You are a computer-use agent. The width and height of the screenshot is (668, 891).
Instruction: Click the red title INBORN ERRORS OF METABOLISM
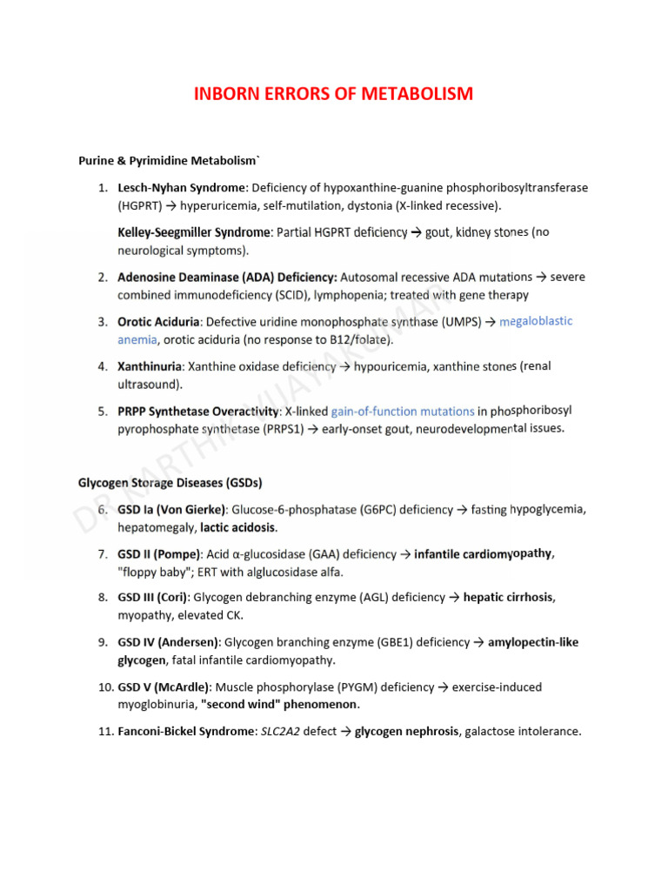(x=334, y=93)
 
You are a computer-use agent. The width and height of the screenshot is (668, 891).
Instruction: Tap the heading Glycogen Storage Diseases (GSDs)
(x=170, y=482)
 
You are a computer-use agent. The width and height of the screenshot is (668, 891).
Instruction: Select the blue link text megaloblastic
(x=536, y=321)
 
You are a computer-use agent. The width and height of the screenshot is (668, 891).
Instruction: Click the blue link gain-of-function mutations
(x=403, y=411)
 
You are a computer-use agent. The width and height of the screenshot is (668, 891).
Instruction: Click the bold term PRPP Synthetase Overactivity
(x=197, y=411)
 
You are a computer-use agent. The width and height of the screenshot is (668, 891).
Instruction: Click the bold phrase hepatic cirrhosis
(x=509, y=598)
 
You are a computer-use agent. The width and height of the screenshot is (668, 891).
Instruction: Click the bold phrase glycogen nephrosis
(x=407, y=732)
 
